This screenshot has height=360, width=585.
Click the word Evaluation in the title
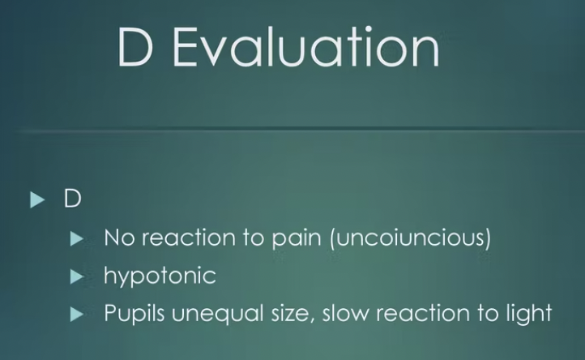coord(306,47)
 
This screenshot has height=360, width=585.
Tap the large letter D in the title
coord(135,47)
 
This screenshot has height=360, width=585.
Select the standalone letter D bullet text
coord(72,199)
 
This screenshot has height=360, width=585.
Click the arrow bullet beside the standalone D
coord(38,199)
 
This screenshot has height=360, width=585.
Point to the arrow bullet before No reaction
coord(77,238)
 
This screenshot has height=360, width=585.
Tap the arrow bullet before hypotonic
coord(77,276)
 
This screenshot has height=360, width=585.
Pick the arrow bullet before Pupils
coord(77,314)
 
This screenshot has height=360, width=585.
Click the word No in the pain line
coord(119,238)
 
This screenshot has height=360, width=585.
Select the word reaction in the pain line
coord(189,238)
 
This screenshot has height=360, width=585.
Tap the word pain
coord(297,239)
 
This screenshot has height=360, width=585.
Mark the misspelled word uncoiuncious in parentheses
coord(411,238)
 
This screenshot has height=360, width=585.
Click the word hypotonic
coord(160,276)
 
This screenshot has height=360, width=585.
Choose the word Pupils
coord(135,313)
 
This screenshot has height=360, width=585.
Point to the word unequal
coord(218,314)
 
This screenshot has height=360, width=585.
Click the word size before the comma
coord(290,313)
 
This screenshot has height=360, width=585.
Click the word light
coord(529,314)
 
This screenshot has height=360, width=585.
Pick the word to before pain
coord(254,238)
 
